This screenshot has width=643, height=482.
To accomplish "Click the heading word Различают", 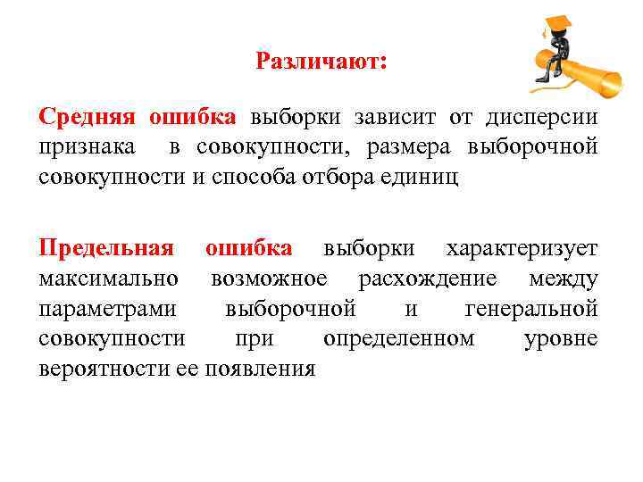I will [321, 62].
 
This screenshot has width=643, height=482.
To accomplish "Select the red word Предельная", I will [106, 248].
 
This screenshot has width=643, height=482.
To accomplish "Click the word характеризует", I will [523, 248].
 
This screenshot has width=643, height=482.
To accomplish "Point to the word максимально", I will [109, 278].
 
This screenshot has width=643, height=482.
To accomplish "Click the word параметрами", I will [109, 309].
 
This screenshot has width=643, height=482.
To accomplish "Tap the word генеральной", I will [531, 309].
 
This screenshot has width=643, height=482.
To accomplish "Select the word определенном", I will [398, 339].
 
